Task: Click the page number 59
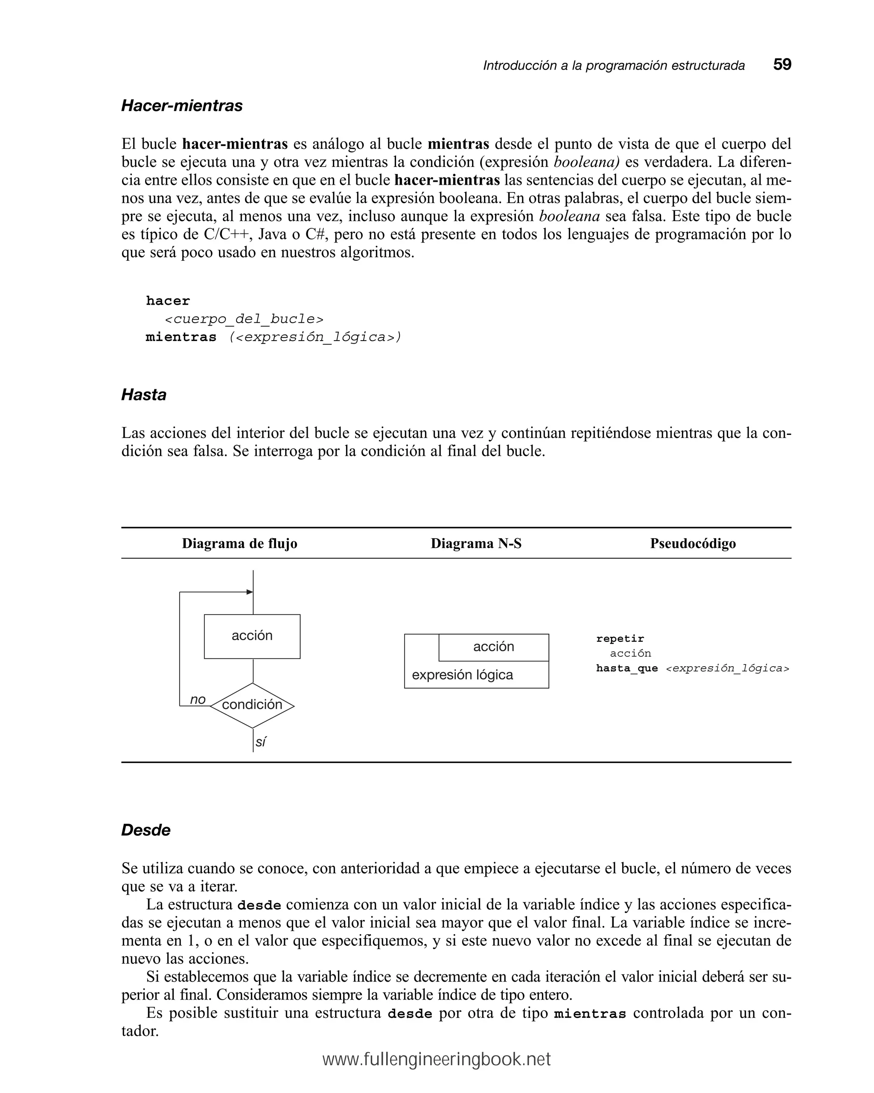click(x=782, y=64)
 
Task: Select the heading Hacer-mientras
click(x=181, y=106)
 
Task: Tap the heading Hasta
click(x=143, y=395)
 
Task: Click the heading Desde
click(x=146, y=830)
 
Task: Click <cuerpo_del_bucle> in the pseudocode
click(x=244, y=319)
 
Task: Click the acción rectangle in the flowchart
click(x=252, y=636)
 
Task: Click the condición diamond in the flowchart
click(x=252, y=705)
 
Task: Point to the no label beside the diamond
click(x=198, y=700)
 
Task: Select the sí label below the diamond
click(x=261, y=742)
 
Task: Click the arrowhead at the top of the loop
click(x=249, y=592)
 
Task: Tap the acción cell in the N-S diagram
click(x=493, y=647)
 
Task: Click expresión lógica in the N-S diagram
click(x=462, y=675)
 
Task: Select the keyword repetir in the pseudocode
click(x=620, y=639)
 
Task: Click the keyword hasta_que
click(x=626, y=668)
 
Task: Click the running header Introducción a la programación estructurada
click(x=613, y=65)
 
